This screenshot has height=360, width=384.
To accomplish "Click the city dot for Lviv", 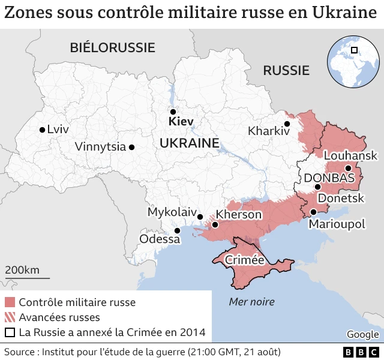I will coord(41,130).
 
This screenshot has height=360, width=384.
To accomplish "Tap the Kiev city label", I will coord(181,122).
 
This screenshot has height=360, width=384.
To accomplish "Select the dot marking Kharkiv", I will coord(287,124).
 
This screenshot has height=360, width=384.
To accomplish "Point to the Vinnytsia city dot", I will coord(131,146).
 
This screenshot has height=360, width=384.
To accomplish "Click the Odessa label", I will coord(160,239).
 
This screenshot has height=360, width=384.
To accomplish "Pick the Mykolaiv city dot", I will coord(200,217).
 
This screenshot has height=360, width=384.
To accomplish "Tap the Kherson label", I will coord(239,214).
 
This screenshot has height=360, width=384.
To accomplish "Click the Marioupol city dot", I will coord(313,212).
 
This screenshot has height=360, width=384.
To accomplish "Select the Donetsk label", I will coord(340,197).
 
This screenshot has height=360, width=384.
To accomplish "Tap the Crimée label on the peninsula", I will coord(244,260).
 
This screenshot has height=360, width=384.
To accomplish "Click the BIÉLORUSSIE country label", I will coord(112,47).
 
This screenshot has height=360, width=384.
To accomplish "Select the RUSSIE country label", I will coord(286,70).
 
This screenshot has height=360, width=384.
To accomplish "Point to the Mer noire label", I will coord(251,302).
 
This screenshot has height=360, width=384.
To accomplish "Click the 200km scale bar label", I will coord(22,270).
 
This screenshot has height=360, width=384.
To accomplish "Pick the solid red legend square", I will coord(10,302).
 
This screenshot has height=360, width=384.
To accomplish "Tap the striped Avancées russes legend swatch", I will coord(10,317).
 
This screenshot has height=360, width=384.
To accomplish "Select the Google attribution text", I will coord(362,334).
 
